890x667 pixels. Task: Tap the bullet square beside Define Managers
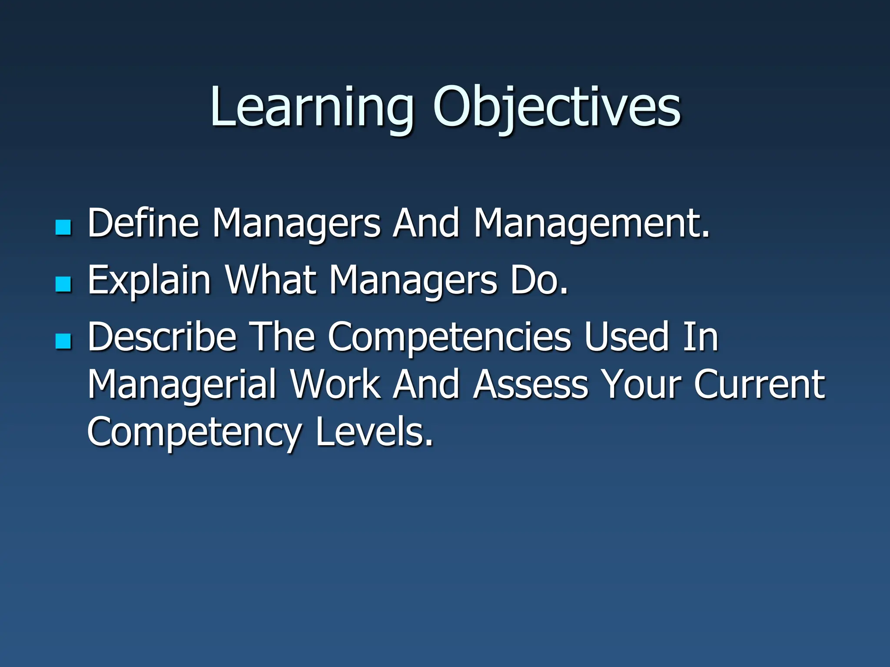(63, 227)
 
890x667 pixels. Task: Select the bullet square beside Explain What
(63, 284)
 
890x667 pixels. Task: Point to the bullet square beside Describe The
(63, 341)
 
